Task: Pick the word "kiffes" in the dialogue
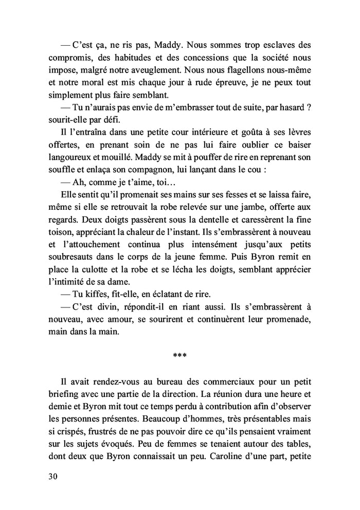tap(98, 295)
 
